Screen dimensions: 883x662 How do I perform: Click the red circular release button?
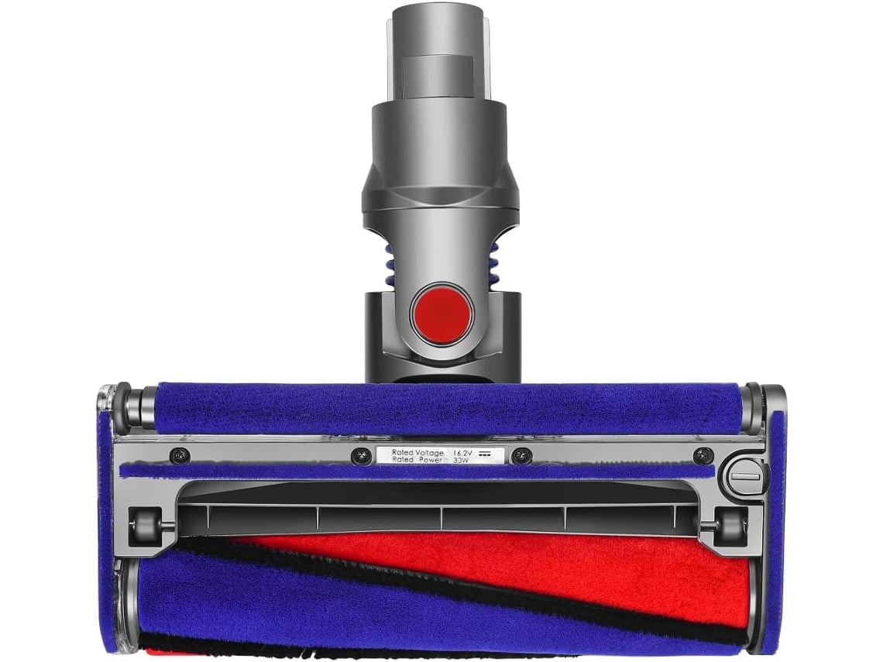pos(441,316)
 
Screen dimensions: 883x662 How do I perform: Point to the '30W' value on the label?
pos(461,460)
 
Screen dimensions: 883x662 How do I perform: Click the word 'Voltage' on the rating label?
pos(429,452)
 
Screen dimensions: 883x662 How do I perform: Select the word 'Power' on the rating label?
pos(431,460)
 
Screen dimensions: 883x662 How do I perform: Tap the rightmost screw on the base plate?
pos(703,455)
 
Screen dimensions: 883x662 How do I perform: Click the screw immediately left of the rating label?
pos(360,456)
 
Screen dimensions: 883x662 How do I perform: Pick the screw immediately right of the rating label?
pos(522,455)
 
